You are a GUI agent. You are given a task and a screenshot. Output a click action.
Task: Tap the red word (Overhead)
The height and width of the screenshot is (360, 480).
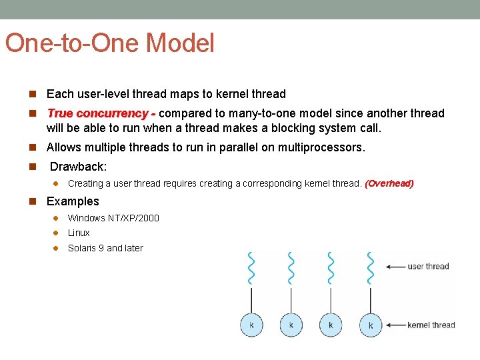(x=389, y=183)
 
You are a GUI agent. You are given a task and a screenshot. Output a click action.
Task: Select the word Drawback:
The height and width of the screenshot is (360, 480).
(x=78, y=166)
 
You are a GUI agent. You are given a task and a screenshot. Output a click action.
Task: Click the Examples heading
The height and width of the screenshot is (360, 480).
(x=73, y=201)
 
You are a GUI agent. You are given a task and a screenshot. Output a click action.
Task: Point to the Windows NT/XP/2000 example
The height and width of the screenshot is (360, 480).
(x=113, y=218)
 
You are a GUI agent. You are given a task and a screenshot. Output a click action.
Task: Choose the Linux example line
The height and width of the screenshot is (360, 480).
(x=79, y=233)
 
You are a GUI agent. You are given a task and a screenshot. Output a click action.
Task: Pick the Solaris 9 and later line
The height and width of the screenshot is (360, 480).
(x=105, y=248)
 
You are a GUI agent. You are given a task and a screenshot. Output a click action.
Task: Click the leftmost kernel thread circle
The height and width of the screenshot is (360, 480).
(x=251, y=325)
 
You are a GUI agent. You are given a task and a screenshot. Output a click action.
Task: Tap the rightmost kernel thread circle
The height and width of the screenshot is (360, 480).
(x=371, y=325)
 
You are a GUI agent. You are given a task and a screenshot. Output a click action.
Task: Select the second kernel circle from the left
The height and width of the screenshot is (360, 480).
(x=291, y=325)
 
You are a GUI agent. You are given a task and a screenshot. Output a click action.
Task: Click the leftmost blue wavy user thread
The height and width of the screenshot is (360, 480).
(x=251, y=268)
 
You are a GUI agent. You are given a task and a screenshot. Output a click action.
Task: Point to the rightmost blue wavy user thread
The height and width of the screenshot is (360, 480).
(x=371, y=268)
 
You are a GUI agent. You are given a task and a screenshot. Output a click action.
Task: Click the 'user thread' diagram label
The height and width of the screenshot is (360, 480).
(x=428, y=267)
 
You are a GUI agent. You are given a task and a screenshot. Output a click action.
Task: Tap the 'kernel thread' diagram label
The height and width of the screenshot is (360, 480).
(x=431, y=325)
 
